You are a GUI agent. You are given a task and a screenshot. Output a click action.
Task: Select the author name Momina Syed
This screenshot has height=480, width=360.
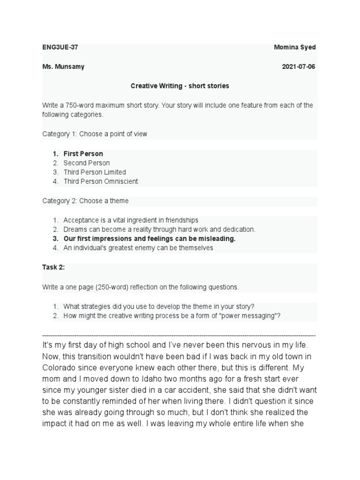coord(295,48)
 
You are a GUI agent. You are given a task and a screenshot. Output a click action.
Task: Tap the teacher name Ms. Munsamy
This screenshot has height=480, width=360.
coord(63,67)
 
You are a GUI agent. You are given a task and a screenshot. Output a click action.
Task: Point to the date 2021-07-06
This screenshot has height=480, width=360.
coord(299,67)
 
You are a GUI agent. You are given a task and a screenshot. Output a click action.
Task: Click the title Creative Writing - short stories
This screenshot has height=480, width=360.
coord(180,86)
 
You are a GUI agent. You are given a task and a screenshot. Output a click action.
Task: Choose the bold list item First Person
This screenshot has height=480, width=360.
coord(83,154)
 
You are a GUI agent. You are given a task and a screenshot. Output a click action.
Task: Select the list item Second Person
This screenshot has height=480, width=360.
coord(86,163)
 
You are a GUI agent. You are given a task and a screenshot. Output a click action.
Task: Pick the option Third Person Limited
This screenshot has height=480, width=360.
coord(95,172)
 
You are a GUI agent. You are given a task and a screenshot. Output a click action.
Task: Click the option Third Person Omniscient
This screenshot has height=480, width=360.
coord(100,181)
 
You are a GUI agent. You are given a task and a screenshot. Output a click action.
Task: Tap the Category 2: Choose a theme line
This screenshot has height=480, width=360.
coord(85,201)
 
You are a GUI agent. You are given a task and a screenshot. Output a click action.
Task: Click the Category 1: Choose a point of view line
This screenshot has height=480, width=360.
coord(95,134)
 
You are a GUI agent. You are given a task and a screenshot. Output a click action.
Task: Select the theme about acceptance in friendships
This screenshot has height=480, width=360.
coord(131,220)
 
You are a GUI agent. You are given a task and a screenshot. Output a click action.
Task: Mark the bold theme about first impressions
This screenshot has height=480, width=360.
coord(149,239)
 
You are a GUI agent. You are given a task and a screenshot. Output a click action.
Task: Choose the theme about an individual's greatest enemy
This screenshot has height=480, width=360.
coord(138,248)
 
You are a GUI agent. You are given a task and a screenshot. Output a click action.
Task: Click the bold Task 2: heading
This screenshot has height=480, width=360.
coord(53,267)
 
